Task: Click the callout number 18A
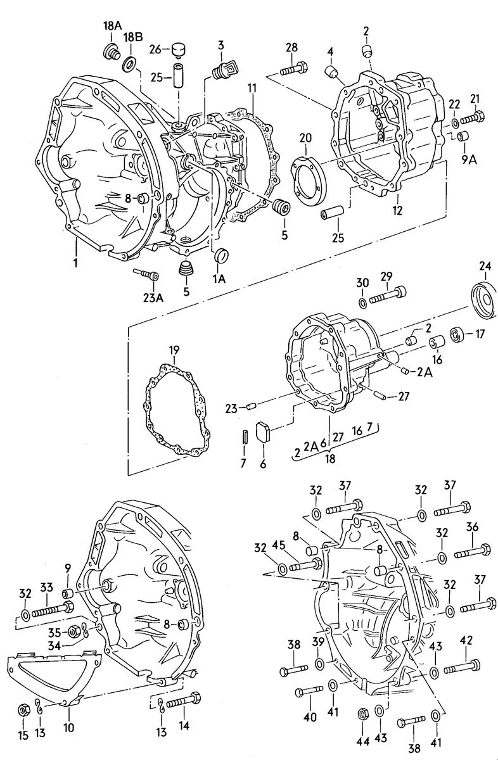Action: coord(112,26)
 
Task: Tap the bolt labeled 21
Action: coord(473,118)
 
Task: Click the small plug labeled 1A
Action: coord(222,256)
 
